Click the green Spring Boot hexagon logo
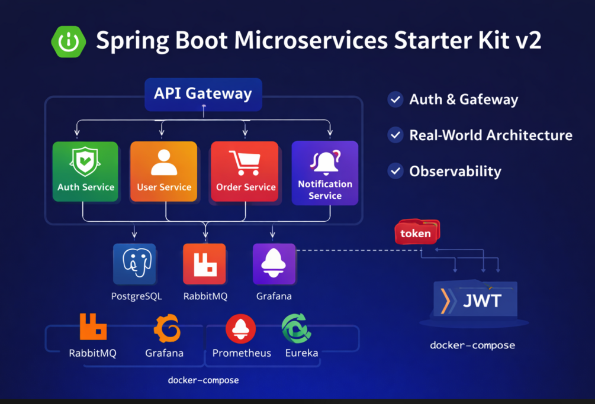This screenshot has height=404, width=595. click(69, 42)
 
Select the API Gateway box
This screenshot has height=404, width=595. click(203, 94)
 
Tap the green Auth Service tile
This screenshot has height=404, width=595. click(85, 172)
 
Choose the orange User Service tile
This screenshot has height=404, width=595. click(164, 172)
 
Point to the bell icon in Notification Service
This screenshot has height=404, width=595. click(325, 161)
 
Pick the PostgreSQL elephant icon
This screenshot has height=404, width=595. click(136, 264)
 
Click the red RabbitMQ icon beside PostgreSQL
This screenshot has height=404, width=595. click(204, 264)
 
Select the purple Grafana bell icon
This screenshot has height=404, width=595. click(274, 264)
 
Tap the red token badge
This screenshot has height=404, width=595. click(416, 233)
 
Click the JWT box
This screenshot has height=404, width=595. click(475, 300)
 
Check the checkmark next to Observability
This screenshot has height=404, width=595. click(395, 172)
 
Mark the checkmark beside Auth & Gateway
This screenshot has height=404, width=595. click(395, 99)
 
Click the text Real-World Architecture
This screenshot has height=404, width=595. click(490, 135)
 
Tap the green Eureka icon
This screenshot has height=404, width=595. click(296, 329)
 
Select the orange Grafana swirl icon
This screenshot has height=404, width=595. click(166, 328)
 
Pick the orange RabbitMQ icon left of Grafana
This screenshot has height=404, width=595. click(93, 327)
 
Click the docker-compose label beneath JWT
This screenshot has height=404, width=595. click(472, 345)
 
